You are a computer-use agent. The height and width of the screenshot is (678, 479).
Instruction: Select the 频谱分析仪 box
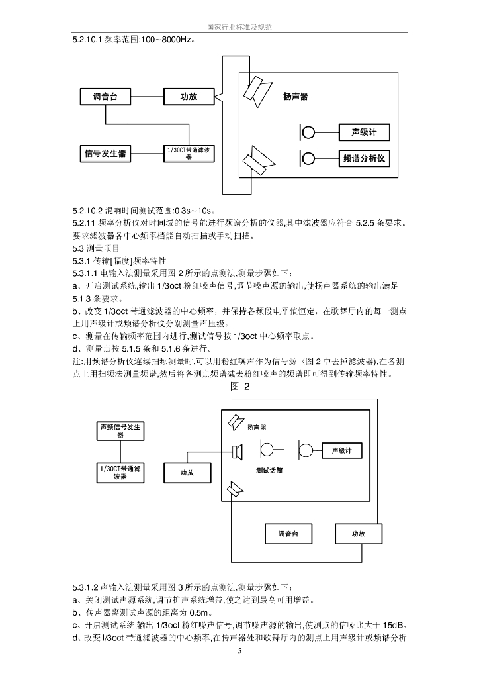369,159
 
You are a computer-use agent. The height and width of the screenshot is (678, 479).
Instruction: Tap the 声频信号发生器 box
120,429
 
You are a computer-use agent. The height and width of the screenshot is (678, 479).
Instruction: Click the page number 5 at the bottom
239,651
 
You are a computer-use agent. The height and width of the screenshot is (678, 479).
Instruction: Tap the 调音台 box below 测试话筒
286,534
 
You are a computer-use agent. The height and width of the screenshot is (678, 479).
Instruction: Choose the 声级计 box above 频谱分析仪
369,132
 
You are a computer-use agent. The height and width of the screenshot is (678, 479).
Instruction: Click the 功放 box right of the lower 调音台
358,534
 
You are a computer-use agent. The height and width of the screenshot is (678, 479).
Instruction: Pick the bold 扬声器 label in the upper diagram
295,97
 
